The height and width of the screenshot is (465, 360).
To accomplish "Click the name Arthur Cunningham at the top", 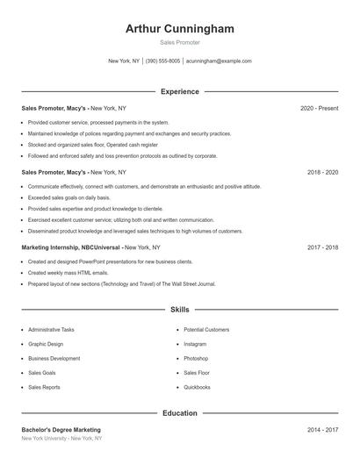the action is pyautogui.click(x=180, y=29).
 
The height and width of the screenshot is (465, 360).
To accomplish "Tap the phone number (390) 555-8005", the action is pyautogui.click(x=162, y=61).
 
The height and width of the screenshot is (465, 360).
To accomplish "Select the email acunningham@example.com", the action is pyautogui.click(x=219, y=61).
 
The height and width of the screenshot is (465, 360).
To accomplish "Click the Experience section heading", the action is pyautogui.click(x=180, y=91).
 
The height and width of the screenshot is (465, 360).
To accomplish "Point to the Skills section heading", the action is pyautogui.click(x=180, y=310).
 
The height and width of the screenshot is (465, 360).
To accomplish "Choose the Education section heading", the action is pyautogui.click(x=180, y=412).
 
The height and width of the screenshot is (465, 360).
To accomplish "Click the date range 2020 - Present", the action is pyautogui.click(x=319, y=108).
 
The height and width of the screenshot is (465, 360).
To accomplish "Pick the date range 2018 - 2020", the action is pyautogui.click(x=322, y=173).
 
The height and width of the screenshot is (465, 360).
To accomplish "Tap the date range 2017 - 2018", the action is pyautogui.click(x=322, y=248).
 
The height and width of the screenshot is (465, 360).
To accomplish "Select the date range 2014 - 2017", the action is pyautogui.click(x=322, y=430).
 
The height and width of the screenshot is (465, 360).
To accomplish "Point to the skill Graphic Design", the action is pyautogui.click(x=46, y=344).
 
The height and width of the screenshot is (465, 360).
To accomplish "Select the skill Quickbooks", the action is pyautogui.click(x=197, y=387).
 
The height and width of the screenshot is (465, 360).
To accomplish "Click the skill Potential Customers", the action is pyautogui.click(x=206, y=330).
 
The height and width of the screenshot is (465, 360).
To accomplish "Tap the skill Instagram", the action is pyautogui.click(x=195, y=344).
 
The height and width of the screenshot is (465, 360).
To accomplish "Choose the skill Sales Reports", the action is pyautogui.click(x=44, y=387).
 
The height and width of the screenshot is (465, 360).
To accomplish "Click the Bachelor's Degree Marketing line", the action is pyautogui.click(x=61, y=430).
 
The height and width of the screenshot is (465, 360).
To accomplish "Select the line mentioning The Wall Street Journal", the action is pyautogui.click(x=121, y=284).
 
